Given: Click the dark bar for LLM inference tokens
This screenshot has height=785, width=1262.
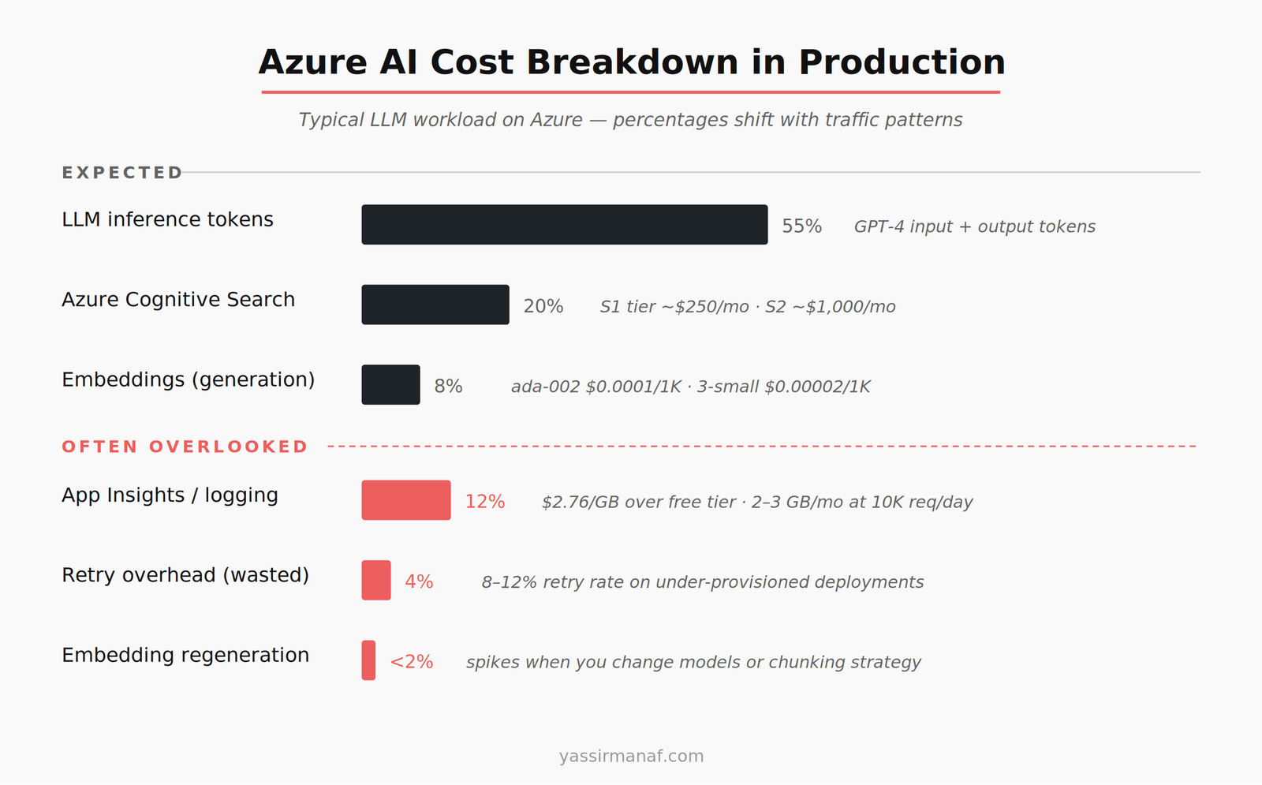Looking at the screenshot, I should (564, 225).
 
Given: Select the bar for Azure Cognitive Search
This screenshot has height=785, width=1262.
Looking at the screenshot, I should (435, 305).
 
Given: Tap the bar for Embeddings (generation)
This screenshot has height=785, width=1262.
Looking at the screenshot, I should (390, 385).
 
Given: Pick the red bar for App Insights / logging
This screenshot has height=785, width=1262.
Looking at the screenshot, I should (406, 500).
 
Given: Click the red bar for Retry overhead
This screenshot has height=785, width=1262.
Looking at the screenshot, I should (376, 581).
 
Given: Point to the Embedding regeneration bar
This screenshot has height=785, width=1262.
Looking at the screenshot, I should (368, 660).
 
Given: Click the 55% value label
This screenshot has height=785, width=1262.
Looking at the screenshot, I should (801, 226).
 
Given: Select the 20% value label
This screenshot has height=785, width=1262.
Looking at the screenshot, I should (543, 306).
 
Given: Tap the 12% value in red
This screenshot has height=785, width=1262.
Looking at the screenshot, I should (484, 502).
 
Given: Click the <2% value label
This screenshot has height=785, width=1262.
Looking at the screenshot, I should (412, 662).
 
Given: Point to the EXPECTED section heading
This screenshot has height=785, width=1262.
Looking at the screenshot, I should (122, 173).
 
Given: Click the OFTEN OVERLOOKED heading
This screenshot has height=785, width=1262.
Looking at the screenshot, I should (185, 447).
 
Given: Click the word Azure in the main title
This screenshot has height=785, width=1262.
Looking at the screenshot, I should (312, 62).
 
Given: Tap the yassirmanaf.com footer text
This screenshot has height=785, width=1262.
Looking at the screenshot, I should (631, 756).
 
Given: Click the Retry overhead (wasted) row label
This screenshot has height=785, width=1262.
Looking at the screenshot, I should (185, 575).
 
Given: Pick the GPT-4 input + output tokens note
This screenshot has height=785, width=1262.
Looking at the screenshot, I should (974, 227).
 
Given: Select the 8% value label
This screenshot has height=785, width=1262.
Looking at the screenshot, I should (448, 387).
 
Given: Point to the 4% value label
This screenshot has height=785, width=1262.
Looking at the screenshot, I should (419, 582).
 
